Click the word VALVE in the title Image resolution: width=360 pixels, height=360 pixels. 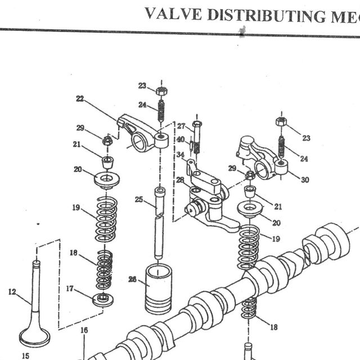click(x=173, y=13)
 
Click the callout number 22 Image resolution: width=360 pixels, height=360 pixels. click(x=80, y=99)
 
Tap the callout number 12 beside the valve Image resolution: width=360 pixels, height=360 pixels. click(x=12, y=292)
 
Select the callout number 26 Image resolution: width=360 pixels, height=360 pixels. click(x=133, y=279)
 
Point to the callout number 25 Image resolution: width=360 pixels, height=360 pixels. click(x=139, y=199)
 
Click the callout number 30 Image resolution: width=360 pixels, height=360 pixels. click(x=305, y=179)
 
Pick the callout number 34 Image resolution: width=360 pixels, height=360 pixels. click(x=181, y=155)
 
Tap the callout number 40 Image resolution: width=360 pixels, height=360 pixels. click(x=181, y=139)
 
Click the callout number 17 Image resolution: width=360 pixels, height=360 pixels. click(x=70, y=289)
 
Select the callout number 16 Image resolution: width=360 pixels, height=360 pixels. click(x=84, y=330)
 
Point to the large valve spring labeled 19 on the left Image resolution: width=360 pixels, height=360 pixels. click(x=106, y=219)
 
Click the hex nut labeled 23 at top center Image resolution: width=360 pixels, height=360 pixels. click(x=161, y=91)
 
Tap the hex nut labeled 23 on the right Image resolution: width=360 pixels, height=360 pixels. click(x=281, y=121)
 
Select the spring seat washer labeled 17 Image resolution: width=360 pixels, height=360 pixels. click(x=103, y=300)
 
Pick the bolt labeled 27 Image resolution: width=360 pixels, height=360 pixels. click(x=197, y=137)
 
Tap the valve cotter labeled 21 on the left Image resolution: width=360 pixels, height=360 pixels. click(x=107, y=163)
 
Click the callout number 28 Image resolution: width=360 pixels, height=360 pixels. click(x=180, y=180)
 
